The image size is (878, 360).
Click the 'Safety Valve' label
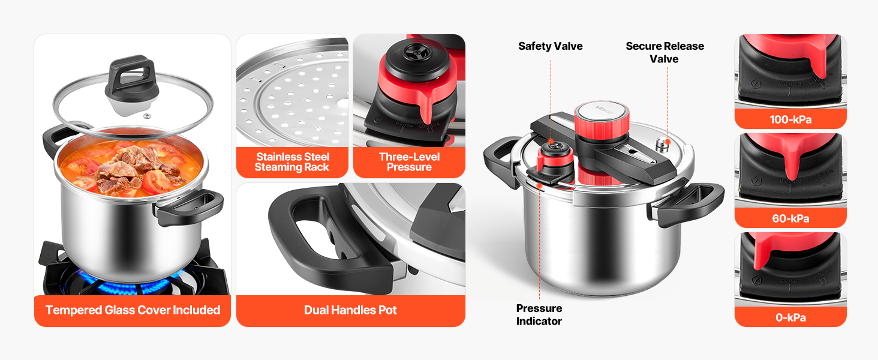tap(551, 46)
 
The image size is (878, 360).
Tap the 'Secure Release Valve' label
tap(664, 53)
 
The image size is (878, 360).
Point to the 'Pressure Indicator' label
tap(539, 314)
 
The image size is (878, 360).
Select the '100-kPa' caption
tap(790, 119)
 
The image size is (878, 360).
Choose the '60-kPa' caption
tap(790, 218)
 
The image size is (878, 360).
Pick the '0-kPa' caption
tap(790, 317)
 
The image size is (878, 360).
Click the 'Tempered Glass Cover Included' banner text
tap(133, 310)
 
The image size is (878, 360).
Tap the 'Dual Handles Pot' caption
tap(350, 310)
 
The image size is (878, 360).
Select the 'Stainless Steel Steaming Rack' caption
tap(292, 162)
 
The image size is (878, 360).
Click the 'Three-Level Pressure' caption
tap(409, 162)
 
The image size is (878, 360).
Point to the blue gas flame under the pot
tap(130, 284)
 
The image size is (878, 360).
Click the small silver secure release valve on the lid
tap(663, 145)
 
